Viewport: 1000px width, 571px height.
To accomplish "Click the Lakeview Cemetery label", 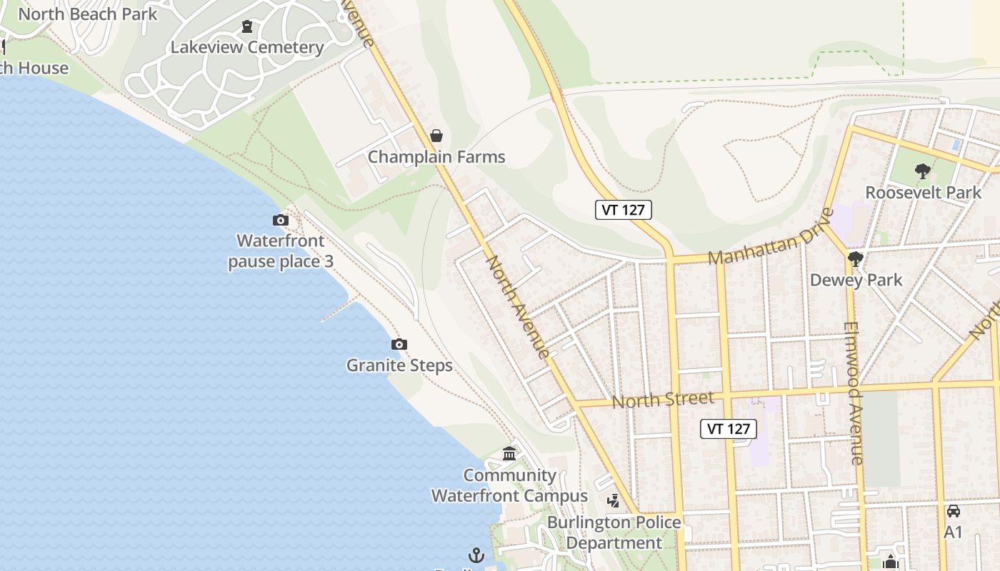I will pyautogui.click(x=247, y=47).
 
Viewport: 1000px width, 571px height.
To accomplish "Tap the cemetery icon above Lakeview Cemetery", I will pyautogui.click(x=247, y=27).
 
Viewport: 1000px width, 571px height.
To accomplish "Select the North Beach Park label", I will pyautogui.click(x=87, y=14).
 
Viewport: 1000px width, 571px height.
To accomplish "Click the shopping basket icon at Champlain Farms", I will pyautogui.click(x=436, y=136).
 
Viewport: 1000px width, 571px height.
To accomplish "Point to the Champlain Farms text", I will pyautogui.click(x=436, y=157).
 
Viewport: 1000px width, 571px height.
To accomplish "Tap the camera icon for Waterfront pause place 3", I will pyautogui.click(x=281, y=221).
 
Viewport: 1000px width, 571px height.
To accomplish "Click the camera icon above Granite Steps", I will pyautogui.click(x=399, y=345).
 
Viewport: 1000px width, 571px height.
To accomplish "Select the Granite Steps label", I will pyautogui.click(x=399, y=365).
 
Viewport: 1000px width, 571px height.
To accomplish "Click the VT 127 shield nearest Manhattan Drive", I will pyautogui.click(x=624, y=210).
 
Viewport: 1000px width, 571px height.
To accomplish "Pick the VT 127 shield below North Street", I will pyautogui.click(x=729, y=428).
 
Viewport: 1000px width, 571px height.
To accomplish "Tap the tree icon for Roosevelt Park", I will pyautogui.click(x=923, y=171).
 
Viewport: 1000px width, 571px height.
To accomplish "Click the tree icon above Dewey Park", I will pyautogui.click(x=856, y=259).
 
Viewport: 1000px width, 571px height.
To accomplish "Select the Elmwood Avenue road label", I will pyautogui.click(x=854, y=393).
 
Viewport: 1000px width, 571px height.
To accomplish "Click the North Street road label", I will pyautogui.click(x=663, y=400).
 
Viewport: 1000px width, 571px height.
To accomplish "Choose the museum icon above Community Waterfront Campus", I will pyautogui.click(x=509, y=454).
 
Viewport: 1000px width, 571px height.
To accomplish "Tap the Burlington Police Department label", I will pyautogui.click(x=614, y=532).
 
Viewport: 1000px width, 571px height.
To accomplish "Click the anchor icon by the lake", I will pyautogui.click(x=476, y=555).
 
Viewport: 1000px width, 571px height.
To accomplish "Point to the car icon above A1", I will pyautogui.click(x=954, y=511).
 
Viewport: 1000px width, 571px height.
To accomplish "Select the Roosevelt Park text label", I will pyautogui.click(x=923, y=193).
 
